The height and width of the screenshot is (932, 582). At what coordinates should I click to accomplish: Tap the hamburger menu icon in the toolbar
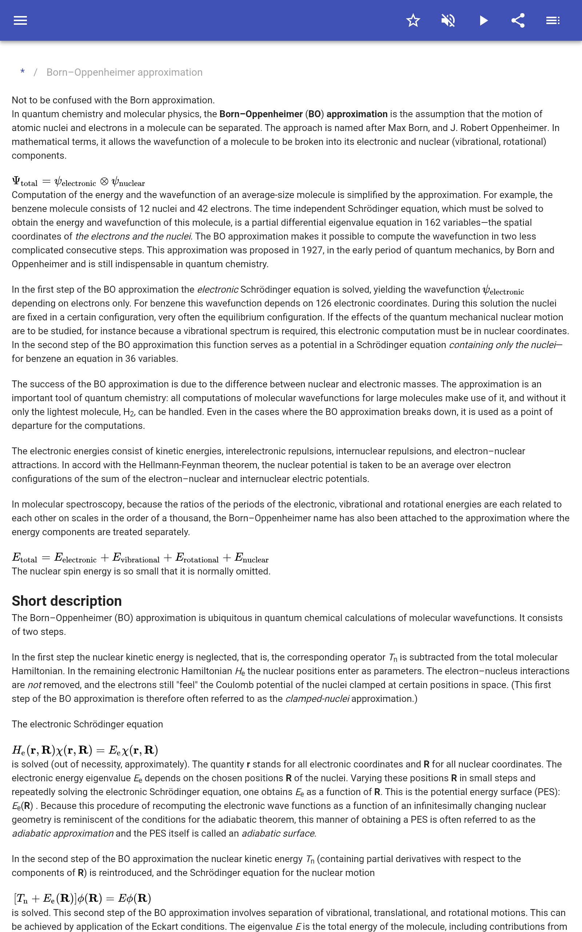pyautogui.click(x=20, y=20)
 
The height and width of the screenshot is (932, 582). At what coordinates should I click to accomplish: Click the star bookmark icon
pyautogui.click(x=413, y=20)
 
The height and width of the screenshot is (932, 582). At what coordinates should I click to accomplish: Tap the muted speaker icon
pyautogui.click(x=448, y=20)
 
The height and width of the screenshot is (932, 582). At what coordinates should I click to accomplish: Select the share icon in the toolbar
pyautogui.click(x=518, y=20)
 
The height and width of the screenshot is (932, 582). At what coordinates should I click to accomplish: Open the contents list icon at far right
pyautogui.click(x=553, y=20)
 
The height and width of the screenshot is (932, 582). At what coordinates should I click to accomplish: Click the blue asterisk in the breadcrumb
pyautogui.click(x=23, y=72)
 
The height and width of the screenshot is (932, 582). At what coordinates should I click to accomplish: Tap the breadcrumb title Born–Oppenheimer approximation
pyautogui.click(x=124, y=72)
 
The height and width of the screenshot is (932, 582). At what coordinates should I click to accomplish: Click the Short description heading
pyautogui.click(x=67, y=601)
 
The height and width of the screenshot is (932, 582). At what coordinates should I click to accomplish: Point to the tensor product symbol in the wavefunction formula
pyautogui.click(x=104, y=181)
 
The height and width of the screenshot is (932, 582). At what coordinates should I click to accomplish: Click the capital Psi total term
pyautogui.click(x=25, y=182)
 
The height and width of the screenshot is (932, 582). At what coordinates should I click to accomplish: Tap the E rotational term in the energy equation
pyautogui.click(x=197, y=558)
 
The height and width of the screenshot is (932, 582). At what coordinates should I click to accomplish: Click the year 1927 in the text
pyautogui.click(x=312, y=250)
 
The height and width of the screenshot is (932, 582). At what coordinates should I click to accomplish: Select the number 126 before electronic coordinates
pyautogui.click(x=323, y=304)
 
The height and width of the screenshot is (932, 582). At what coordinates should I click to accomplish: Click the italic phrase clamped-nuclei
pyautogui.click(x=317, y=699)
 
